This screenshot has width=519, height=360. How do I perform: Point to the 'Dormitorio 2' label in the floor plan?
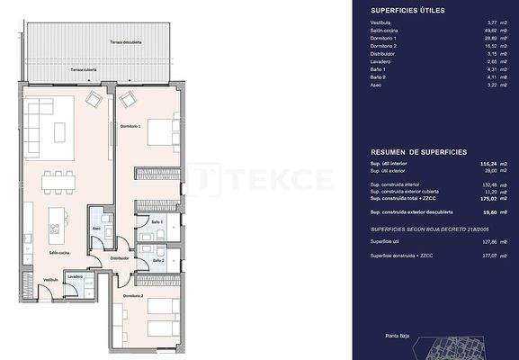(132, 295)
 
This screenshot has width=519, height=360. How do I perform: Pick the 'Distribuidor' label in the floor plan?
(121, 257)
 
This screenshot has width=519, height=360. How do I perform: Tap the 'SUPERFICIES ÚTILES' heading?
(407, 11)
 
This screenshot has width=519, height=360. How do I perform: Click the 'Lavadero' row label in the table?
(382, 63)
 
